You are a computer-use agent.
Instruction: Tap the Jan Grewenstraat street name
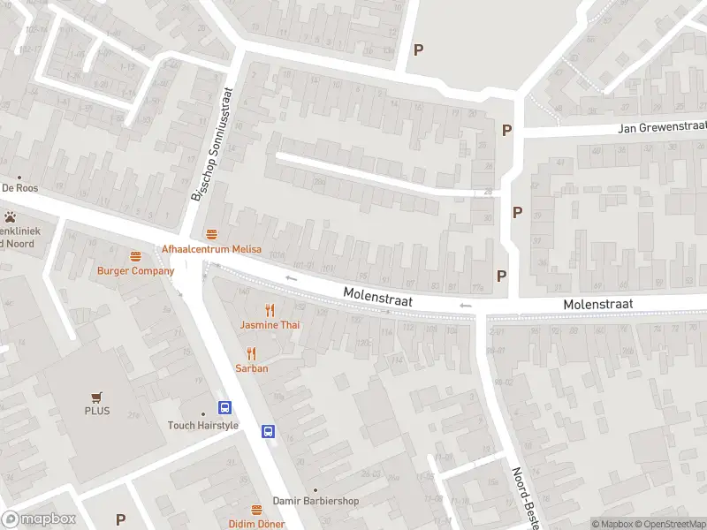663,128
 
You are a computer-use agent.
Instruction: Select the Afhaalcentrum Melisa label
211,249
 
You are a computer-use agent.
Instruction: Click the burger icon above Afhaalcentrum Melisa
211,235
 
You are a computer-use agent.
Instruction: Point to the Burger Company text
136,271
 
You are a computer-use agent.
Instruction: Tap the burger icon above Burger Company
136,257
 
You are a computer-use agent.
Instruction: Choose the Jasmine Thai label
270,325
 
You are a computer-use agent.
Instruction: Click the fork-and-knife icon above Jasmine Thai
270,310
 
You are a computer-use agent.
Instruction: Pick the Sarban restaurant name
252,368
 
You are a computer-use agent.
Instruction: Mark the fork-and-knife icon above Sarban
252,353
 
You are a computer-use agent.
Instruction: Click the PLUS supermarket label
97,411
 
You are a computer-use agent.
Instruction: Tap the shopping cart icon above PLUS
97,397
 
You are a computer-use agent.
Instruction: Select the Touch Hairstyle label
203,425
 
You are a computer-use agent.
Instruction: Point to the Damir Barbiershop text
315,501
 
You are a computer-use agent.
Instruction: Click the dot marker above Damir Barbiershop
315,489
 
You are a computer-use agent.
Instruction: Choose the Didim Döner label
257,524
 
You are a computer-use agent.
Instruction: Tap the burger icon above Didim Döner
257,510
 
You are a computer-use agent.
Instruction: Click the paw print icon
10,216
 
